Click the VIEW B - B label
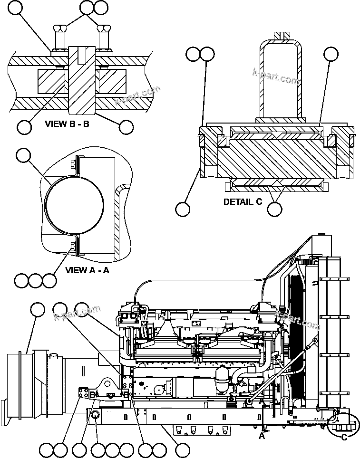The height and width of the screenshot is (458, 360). coord(67,124)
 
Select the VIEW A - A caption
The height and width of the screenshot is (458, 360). coord(87,270)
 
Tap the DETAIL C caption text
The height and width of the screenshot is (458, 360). coord(243,201)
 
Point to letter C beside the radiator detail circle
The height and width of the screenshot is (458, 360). coord(343,438)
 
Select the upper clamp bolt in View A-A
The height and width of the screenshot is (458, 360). coord(73,164)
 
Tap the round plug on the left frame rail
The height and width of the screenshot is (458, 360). coord(95,415)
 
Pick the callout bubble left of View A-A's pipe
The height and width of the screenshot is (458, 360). coord(23,155)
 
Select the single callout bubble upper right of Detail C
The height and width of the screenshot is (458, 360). coord(331,54)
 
